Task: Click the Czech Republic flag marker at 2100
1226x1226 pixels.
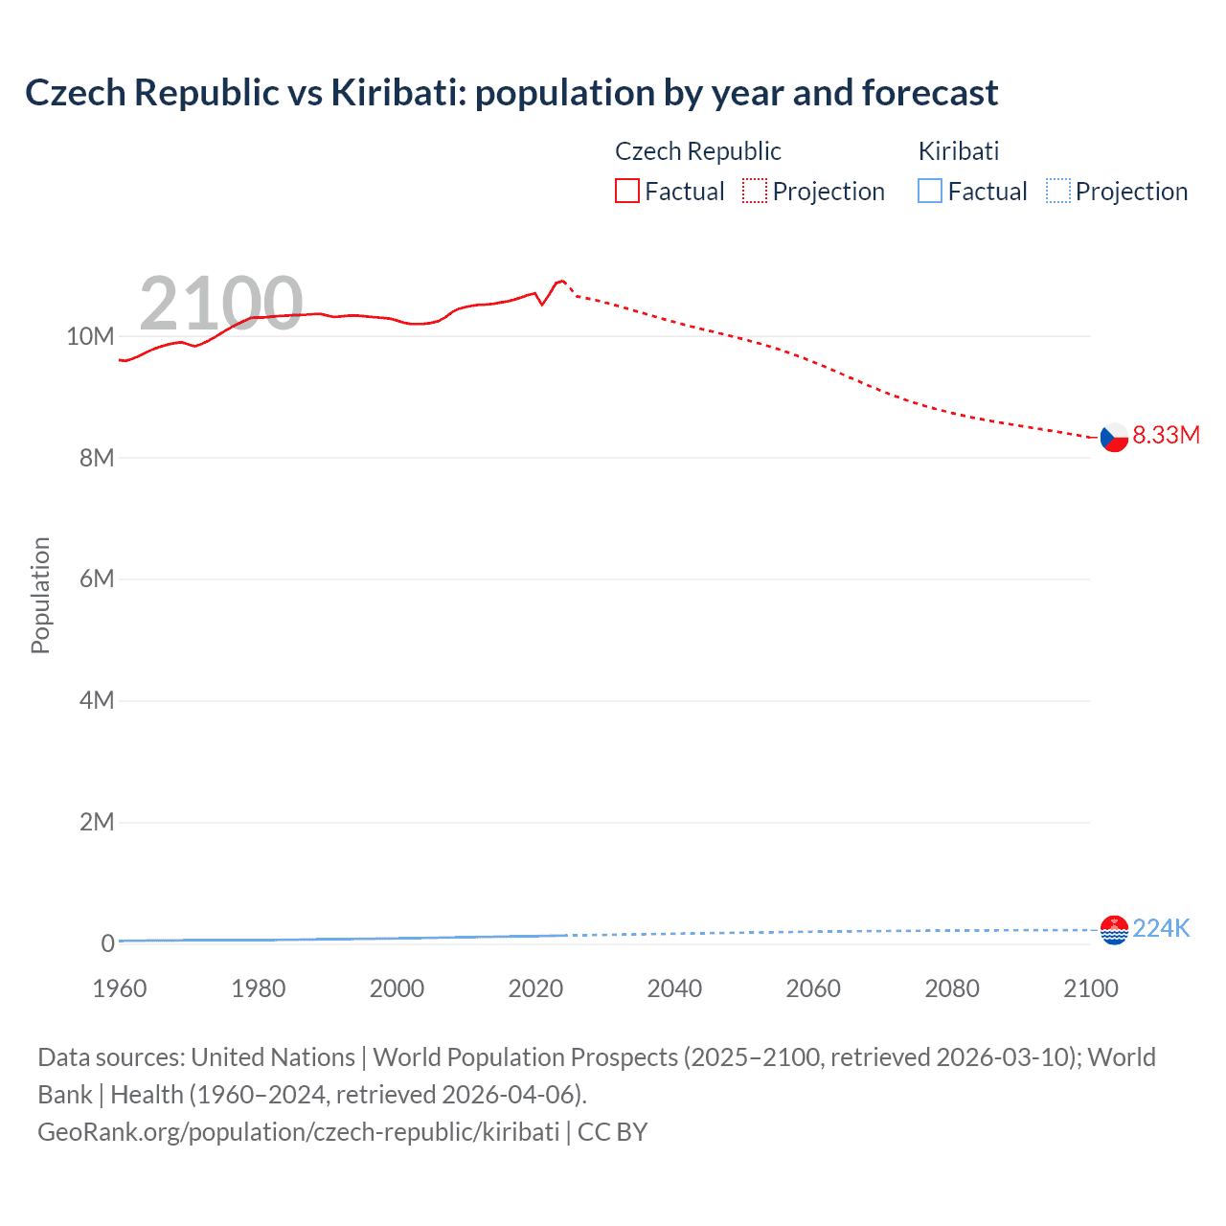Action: [1114, 437]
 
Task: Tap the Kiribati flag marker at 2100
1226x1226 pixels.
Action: [1114, 929]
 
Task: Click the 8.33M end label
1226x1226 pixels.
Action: [1166, 435]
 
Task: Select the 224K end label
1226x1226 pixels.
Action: [1161, 928]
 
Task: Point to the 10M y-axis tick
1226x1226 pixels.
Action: [90, 336]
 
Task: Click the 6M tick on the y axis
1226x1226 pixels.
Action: [97, 579]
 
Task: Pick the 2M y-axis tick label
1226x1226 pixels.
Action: [97, 822]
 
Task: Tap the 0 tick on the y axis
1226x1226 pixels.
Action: [107, 943]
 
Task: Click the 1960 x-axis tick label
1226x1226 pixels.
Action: [120, 988]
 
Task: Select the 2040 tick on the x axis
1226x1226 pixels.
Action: [674, 988]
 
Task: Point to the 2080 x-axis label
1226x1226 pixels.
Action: [952, 988]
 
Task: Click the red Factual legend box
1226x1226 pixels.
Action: [627, 192]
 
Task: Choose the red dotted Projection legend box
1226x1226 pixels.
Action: [755, 192]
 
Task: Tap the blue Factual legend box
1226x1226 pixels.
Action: [930, 192]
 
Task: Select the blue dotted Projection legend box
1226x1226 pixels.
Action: [1057, 192]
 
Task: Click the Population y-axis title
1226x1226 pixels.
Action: [40, 595]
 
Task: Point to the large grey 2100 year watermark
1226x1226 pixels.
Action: [221, 304]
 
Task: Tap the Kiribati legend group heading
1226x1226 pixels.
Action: [958, 151]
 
